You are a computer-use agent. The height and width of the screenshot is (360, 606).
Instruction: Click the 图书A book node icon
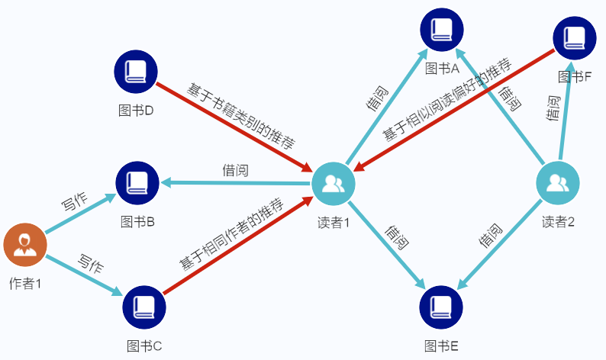coord(442,30)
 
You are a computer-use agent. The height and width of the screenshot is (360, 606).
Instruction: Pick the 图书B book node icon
coord(137,183)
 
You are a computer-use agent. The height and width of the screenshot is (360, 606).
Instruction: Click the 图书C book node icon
coord(144,307)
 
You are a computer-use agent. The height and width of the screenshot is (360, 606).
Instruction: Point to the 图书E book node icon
coord(441,307)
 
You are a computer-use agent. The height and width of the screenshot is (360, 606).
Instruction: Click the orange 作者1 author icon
coord(25,245)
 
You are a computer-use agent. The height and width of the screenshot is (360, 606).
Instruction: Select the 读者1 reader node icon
coord(334,184)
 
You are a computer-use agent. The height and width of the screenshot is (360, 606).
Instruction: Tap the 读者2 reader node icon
coord(558,184)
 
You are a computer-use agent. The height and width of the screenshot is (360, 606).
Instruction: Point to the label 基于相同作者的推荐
coord(231,234)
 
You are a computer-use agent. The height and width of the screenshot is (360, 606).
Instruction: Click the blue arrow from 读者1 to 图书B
coord(237,183)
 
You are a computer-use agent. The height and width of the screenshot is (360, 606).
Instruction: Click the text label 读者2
coord(558,222)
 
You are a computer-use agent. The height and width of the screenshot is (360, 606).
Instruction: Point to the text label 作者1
coord(24,283)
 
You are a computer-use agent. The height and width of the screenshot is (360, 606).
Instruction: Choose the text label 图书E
coord(441,347)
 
